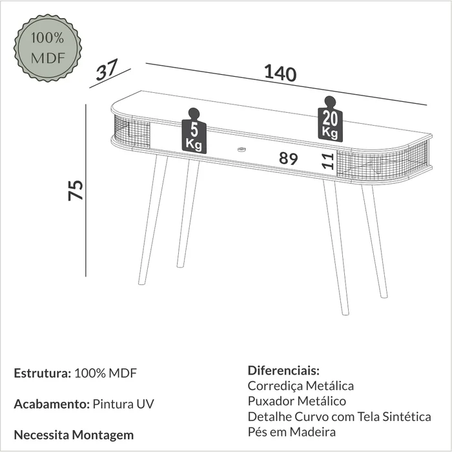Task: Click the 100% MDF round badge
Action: [x=48, y=48]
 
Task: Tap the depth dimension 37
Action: [x=107, y=70]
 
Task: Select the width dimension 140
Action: [x=280, y=73]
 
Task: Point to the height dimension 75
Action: [x=76, y=190]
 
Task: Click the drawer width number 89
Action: [x=289, y=159]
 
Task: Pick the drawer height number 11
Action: [x=328, y=161]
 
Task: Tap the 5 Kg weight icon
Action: [x=194, y=131]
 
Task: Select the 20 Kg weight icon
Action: [x=330, y=119]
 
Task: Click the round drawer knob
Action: [x=241, y=150]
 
